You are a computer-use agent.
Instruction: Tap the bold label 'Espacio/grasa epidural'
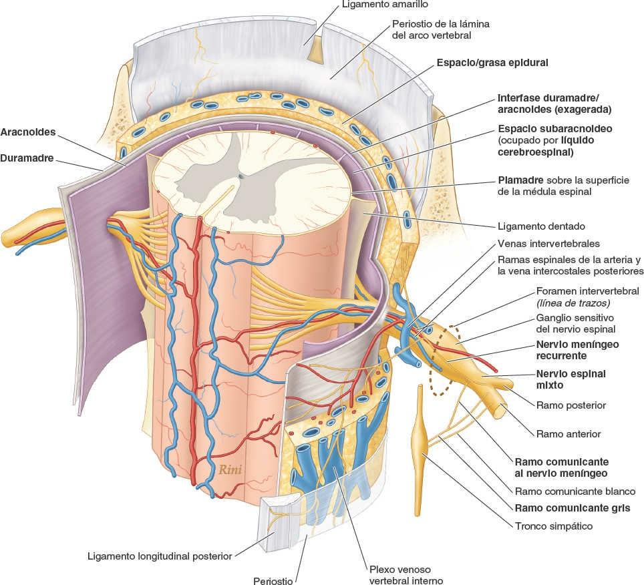tap(492, 63)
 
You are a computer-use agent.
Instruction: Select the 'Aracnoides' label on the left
tap(28, 132)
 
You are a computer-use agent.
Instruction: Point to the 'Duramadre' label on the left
tap(27, 160)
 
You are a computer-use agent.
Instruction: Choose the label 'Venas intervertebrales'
tap(548, 244)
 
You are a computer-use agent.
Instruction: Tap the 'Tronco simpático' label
tap(554, 526)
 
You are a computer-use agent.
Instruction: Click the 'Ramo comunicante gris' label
tap(572, 508)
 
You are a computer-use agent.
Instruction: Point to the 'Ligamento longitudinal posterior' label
tap(159, 556)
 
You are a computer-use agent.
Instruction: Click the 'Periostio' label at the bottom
tap(273, 581)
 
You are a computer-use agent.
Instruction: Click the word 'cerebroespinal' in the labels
tap(536, 152)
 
